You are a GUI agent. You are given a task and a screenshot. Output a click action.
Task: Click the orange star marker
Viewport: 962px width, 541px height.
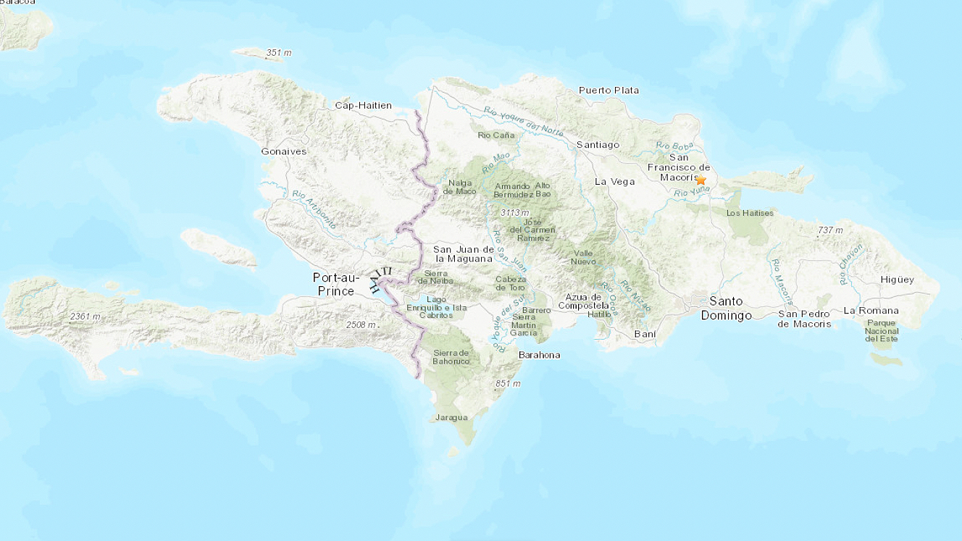(700, 179)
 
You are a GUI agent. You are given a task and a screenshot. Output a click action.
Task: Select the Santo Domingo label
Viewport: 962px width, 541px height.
(726, 308)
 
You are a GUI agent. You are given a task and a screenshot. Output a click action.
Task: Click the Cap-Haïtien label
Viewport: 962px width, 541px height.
(363, 106)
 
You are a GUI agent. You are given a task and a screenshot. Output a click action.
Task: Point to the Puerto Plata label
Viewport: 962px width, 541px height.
(608, 91)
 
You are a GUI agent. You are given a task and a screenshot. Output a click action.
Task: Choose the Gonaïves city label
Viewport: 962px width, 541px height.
(284, 151)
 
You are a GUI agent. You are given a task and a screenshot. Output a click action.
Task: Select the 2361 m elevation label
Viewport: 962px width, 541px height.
(85, 317)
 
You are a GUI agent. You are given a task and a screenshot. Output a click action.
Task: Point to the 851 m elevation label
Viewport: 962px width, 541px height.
(508, 383)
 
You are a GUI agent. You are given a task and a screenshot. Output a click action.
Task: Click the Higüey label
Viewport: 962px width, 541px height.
(897, 280)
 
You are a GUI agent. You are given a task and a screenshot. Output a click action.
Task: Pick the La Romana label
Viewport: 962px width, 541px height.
(871, 311)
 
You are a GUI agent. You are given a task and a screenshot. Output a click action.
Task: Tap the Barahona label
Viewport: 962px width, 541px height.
(539, 355)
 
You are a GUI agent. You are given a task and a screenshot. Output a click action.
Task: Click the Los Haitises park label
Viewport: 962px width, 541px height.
(750, 213)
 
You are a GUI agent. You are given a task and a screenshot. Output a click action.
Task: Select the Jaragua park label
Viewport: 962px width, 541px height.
(451, 417)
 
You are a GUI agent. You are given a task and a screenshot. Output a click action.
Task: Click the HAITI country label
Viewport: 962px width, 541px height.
(380, 279)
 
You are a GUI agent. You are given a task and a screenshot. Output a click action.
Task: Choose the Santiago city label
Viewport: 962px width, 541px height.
(598, 145)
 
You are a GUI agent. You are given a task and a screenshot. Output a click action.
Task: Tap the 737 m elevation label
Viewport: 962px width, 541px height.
(830, 230)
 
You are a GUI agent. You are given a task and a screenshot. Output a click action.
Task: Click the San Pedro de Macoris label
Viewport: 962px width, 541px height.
(805, 319)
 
